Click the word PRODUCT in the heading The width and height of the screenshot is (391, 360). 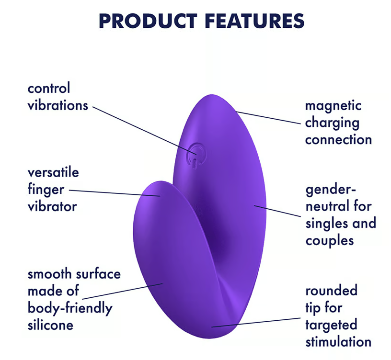click(x=148, y=21)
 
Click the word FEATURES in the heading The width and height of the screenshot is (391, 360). click(x=254, y=21)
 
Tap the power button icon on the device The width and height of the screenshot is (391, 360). click(x=196, y=156)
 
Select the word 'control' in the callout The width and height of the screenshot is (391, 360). click(x=49, y=89)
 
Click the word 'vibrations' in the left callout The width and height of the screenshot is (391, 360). click(x=58, y=106)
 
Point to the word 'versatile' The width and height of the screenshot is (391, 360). click(x=53, y=172)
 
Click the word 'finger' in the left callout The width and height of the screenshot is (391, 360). click(x=46, y=190)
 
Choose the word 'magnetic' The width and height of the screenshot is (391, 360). click(x=333, y=106)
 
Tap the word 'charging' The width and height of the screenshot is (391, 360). click(x=333, y=123)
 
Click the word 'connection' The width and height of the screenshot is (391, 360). click(x=339, y=140)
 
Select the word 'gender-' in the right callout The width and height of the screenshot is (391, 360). click(x=331, y=190)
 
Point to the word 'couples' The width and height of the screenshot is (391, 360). click(x=330, y=241)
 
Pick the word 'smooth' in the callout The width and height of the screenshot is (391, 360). click(x=50, y=274)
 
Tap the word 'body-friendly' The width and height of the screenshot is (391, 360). click(x=70, y=308)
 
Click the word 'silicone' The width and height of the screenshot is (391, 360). click(x=51, y=325)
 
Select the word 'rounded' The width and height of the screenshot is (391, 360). click(x=332, y=291)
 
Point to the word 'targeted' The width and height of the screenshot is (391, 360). click(x=332, y=326)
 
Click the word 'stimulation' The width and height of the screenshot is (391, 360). click(x=339, y=341)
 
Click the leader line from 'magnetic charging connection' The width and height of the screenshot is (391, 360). click(x=268, y=118)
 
